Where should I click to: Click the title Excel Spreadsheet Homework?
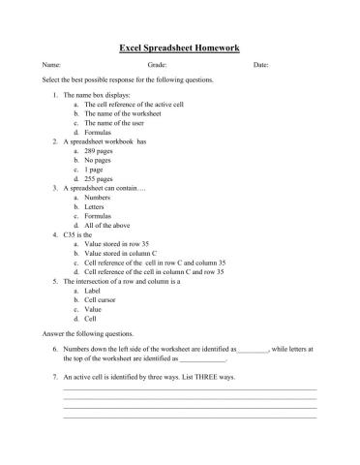tap(179, 46)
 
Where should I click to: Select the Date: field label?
tap(260, 65)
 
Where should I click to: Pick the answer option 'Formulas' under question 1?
tap(101, 132)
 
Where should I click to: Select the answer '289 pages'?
tap(102, 151)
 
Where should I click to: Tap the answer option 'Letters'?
tap(98, 206)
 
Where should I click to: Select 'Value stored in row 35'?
tap(120, 244)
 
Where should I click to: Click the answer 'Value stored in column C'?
tap(124, 253)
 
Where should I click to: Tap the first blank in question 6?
tap(253, 348)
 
